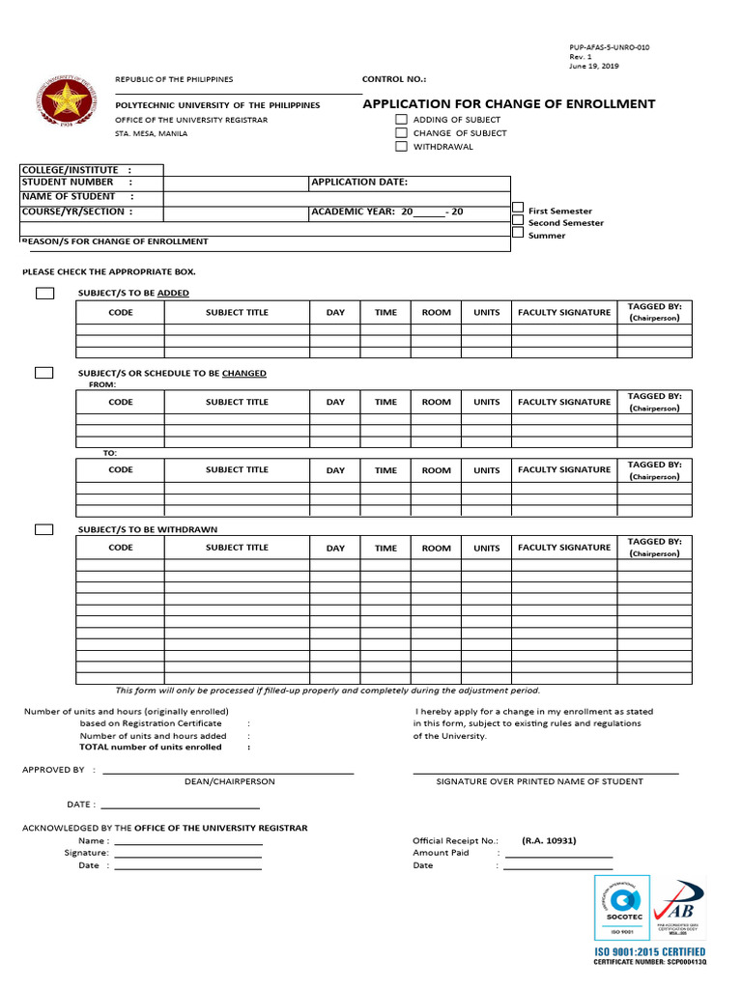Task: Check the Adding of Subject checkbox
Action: tap(401, 120)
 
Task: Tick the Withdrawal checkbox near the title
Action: tap(401, 147)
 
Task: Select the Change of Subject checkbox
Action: tap(401, 133)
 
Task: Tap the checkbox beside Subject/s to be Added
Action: tap(44, 294)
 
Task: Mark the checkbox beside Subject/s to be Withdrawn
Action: tap(44, 529)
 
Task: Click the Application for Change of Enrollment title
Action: tap(508, 104)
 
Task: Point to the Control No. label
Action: tap(393, 79)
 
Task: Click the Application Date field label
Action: tap(359, 182)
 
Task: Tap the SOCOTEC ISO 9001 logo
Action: tap(621, 908)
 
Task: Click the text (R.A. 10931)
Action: tap(549, 840)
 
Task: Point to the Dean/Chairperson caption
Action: tap(229, 781)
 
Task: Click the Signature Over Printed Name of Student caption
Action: tap(539, 781)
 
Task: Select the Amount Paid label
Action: tap(441, 853)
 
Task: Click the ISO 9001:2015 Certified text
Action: tap(649, 952)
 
